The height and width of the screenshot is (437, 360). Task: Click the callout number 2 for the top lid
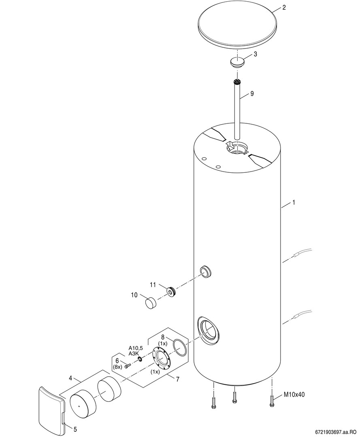[x=284, y=8]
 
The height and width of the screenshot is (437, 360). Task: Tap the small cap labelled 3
[x=237, y=62]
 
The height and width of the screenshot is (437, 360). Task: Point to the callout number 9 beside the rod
[x=252, y=93]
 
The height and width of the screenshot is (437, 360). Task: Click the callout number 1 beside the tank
[x=293, y=203]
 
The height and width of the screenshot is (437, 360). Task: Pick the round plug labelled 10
[x=151, y=303]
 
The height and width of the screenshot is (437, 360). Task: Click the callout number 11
[x=153, y=285]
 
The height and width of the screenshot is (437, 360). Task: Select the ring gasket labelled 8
[x=180, y=348]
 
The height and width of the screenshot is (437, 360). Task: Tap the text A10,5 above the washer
[x=136, y=348]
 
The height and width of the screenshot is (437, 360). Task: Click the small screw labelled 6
[x=128, y=365]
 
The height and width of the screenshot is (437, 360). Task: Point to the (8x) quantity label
[x=117, y=367]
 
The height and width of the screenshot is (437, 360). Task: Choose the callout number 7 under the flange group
[x=177, y=379]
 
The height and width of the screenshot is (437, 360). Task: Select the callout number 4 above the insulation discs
[x=70, y=378]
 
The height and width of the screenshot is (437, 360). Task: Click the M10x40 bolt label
[x=294, y=395]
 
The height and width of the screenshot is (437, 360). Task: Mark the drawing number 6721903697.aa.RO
[x=336, y=432]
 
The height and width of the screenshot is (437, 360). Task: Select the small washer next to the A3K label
[x=140, y=359]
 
